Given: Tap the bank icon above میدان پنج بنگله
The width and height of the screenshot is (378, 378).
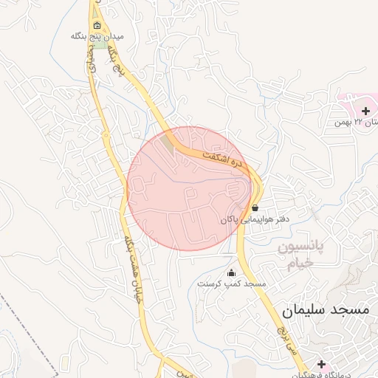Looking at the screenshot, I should [x=97, y=24].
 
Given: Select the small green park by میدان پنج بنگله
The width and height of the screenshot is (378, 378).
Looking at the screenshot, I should [x=100, y=45].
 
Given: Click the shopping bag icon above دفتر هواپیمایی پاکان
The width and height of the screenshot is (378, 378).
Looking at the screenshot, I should [x=255, y=208].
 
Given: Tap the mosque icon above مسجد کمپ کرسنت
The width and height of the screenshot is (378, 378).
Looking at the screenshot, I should [x=231, y=272].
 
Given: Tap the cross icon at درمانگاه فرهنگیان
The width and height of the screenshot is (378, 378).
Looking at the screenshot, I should [x=321, y=364].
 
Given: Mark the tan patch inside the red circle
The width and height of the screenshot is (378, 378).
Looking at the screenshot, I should [x=168, y=145].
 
